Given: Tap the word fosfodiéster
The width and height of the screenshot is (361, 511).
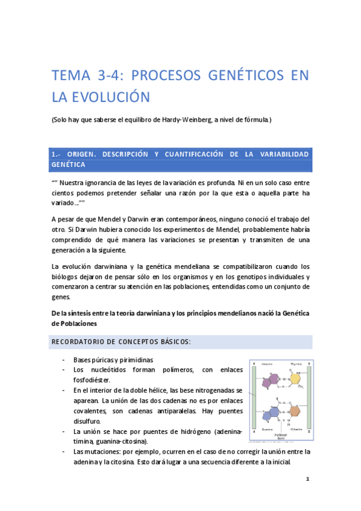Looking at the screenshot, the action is coord(94,380).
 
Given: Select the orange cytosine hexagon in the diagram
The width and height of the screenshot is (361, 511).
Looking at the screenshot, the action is coord(295,414).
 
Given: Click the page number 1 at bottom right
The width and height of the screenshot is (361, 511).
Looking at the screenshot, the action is coord(307,480).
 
